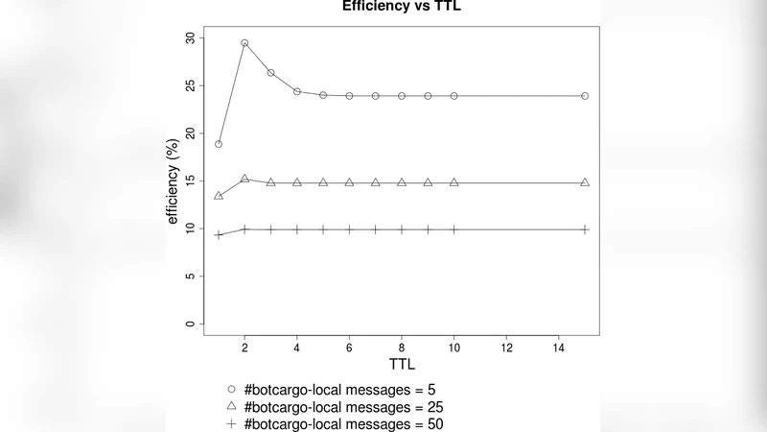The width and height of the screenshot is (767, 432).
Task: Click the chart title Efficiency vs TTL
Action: pyautogui.click(x=402, y=6)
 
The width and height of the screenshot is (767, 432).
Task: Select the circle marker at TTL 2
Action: pyautogui.click(x=244, y=43)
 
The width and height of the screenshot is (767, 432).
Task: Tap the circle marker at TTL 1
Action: pyautogui.click(x=219, y=144)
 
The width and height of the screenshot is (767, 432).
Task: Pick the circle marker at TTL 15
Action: pyautogui.click(x=585, y=96)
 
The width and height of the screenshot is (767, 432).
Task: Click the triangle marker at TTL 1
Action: pyautogui.click(x=219, y=196)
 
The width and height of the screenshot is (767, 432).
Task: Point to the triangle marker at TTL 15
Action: pyautogui.click(x=585, y=182)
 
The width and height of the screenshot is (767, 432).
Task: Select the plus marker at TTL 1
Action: pyautogui.click(x=219, y=235)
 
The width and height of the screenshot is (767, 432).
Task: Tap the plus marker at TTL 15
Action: pyautogui.click(x=585, y=229)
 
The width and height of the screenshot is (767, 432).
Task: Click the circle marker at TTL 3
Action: pyautogui.click(x=270, y=73)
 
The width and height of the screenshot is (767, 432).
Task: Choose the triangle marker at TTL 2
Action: pyautogui.click(x=244, y=180)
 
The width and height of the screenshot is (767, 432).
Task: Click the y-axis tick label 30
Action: pyautogui.click(x=190, y=38)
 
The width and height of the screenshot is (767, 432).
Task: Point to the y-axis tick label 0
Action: pyautogui.click(x=190, y=324)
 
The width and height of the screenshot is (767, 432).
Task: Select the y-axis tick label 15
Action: pyautogui.click(x=190, y=181)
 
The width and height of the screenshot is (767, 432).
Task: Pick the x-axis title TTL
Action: pyautogui.click(x=402, y=366)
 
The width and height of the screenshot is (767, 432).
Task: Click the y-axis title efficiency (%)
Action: pyautogui.click(x=174, y=181)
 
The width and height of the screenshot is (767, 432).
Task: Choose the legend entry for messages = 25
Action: pyautogui.click(x=335, y=407)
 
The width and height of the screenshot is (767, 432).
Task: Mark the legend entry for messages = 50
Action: pyautogui.click(x=335, y=423)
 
